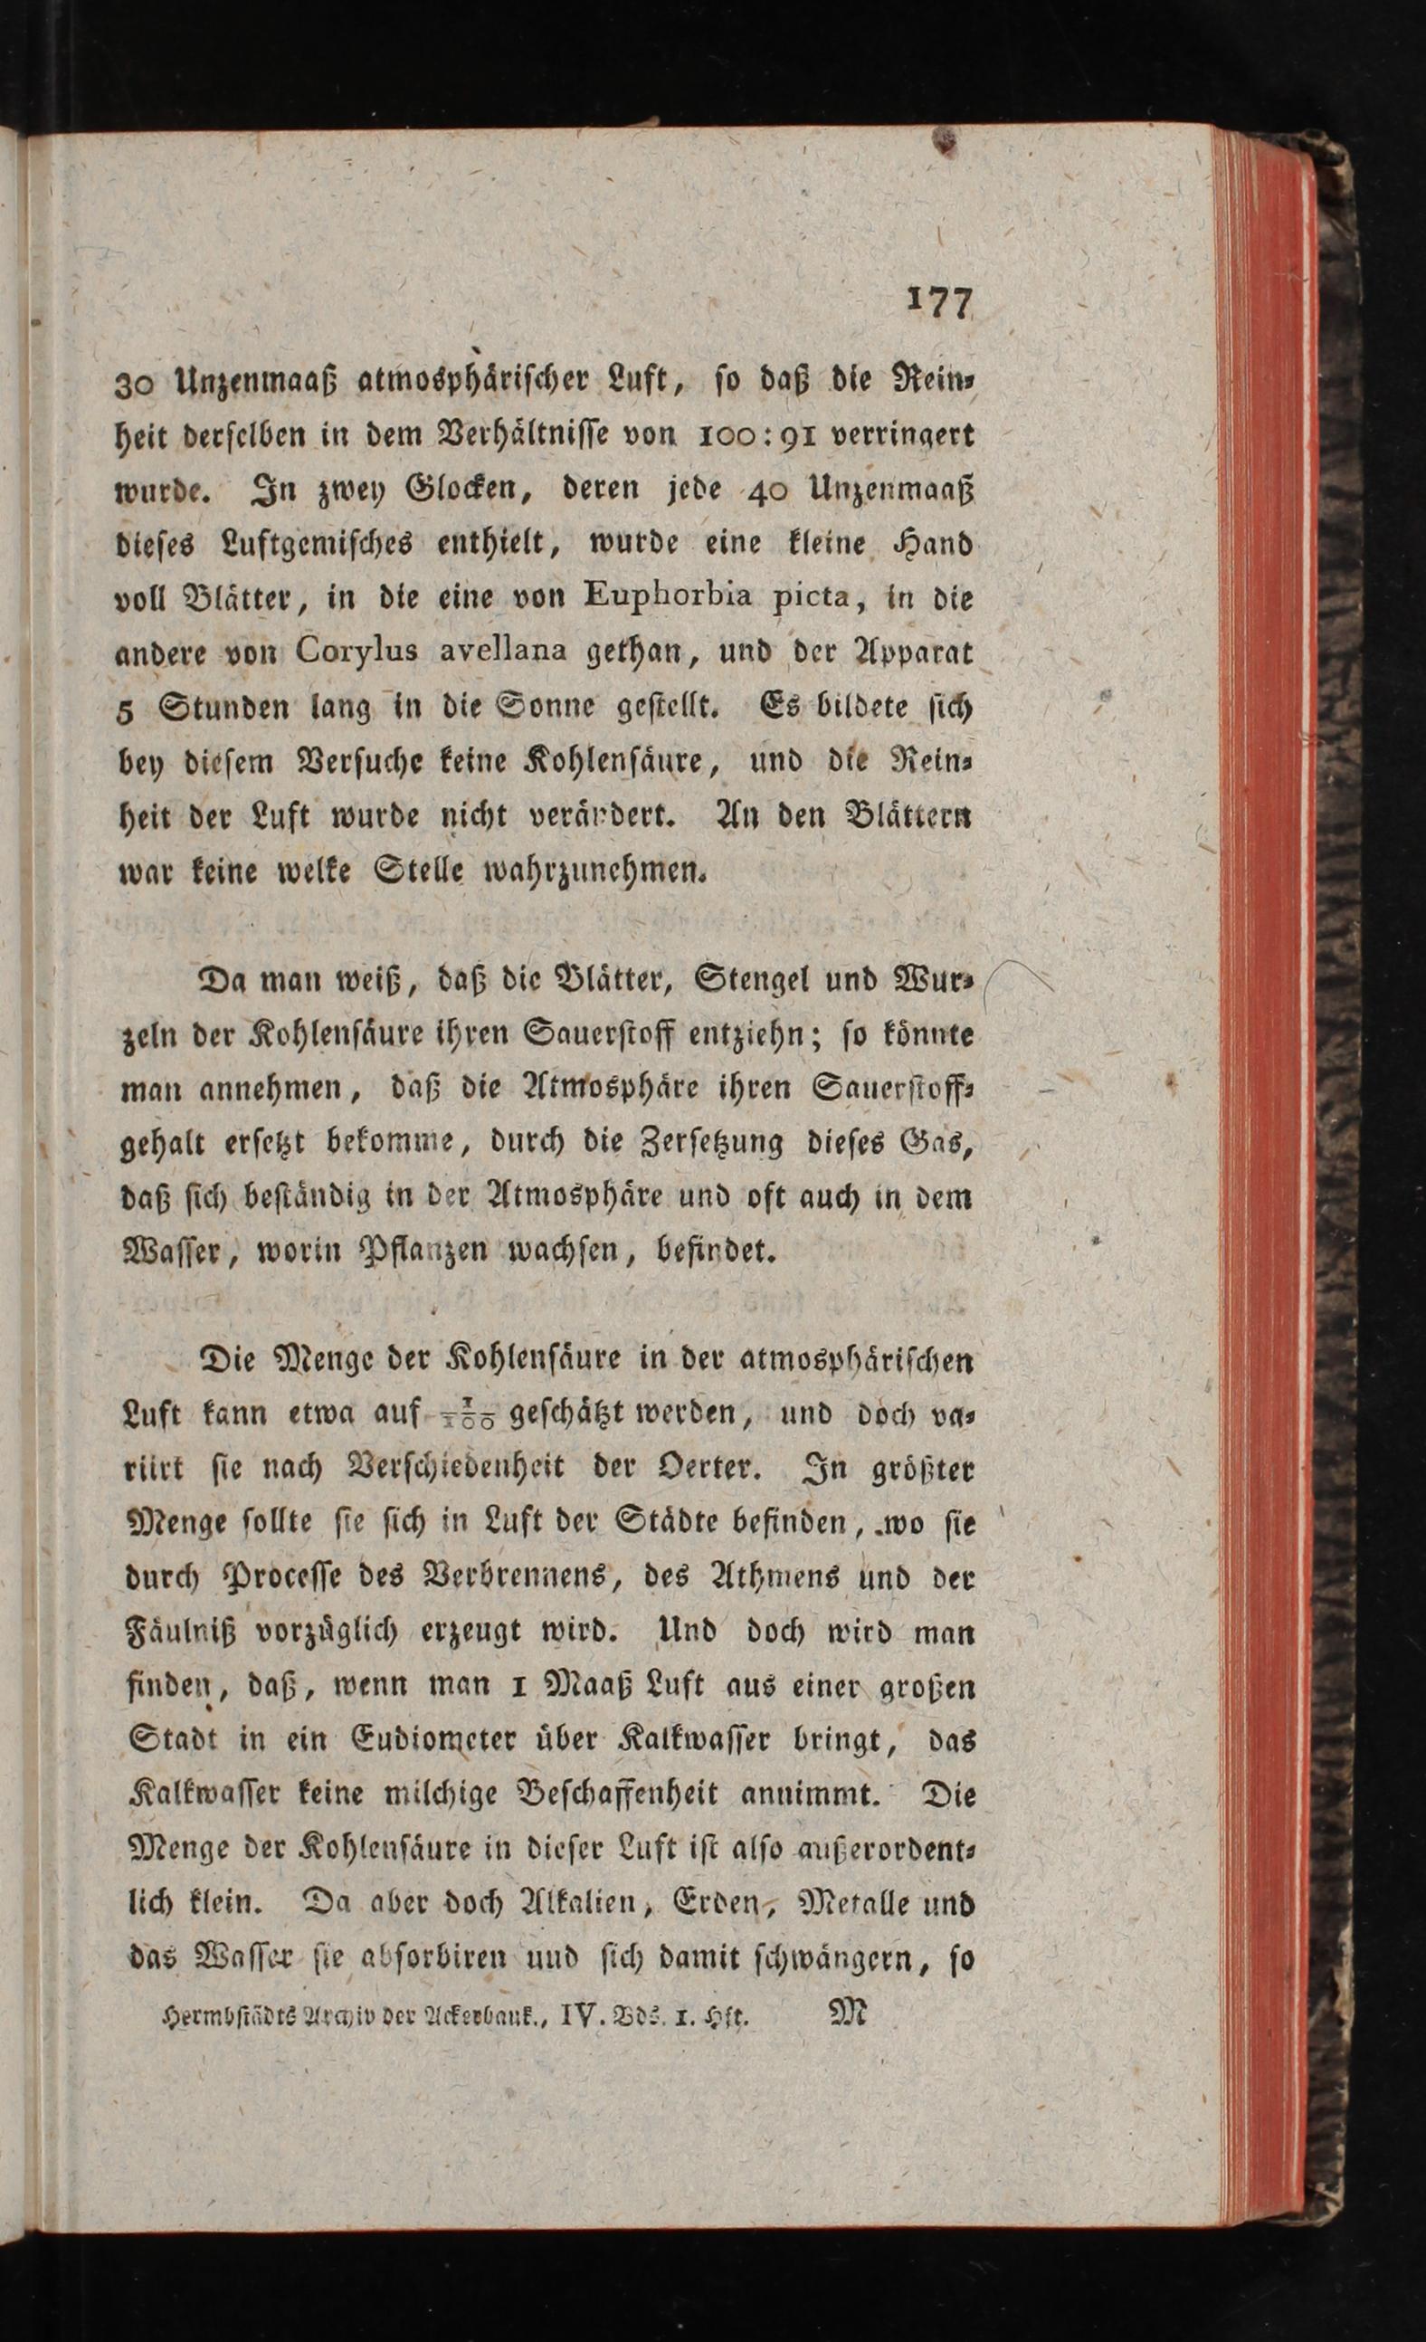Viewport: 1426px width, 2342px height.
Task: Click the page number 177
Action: [x=940, y=302]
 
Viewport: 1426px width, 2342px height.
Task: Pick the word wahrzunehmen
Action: [x=594, y=870]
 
